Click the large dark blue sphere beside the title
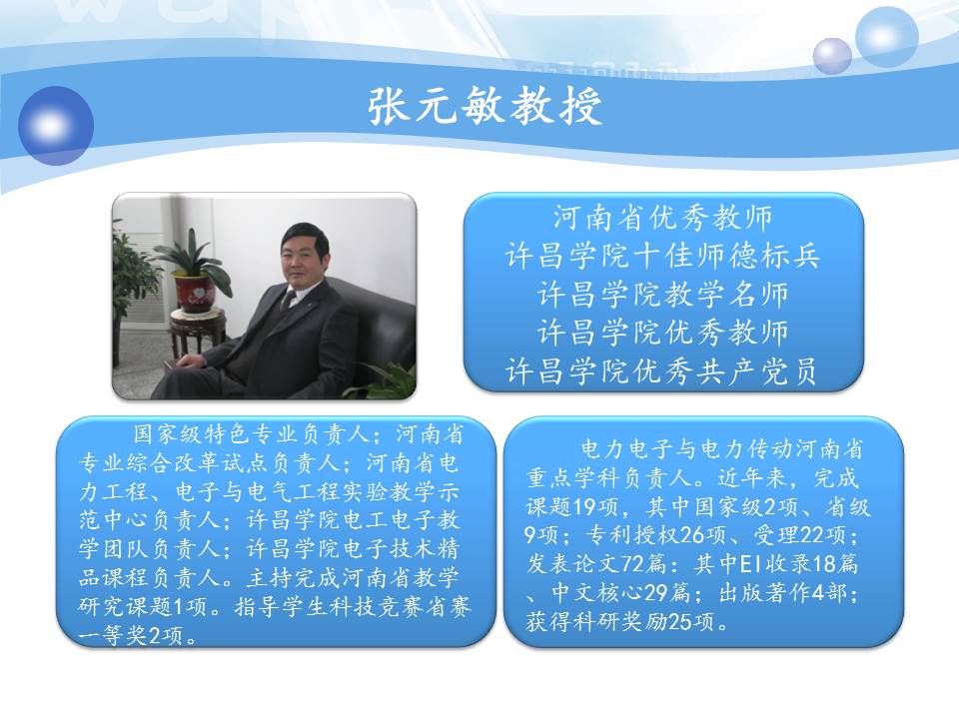pos(56,126)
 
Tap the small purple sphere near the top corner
pos(832,56)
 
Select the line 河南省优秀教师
pos(663,218)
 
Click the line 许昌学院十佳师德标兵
pos(663,256)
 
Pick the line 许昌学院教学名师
pos(663,294)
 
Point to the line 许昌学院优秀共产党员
pos(661,370)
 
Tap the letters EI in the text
pos(750,563)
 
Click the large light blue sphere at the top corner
pos(886,37)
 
